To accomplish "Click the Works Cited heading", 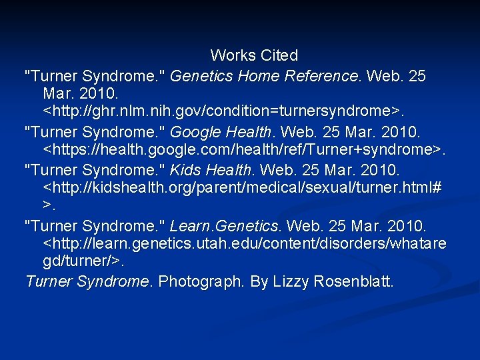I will (x=254, y=55).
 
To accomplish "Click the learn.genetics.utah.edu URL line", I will (x=244, y=245).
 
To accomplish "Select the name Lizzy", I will (x=269, y=282).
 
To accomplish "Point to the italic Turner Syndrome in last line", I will (x=87, y=282).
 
